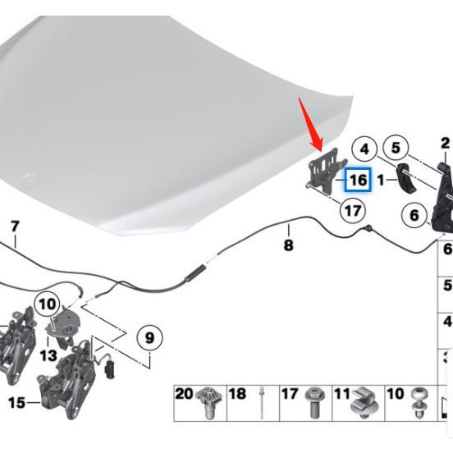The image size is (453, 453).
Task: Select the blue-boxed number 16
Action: [x=358, y=180]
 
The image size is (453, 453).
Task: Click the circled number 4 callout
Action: [x=364, y=149]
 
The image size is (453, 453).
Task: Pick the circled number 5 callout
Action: [x=396, y=148]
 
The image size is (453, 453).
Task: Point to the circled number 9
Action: [x=149, y=337]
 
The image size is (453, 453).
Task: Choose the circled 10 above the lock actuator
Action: [x=48, y=304]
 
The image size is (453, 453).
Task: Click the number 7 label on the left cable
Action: [x=14, y=226]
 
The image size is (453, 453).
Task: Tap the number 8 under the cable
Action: [x=288, y=245]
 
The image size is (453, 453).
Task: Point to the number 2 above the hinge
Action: [x=445, y=144]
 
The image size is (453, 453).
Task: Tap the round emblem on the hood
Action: [x=32, y=180]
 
